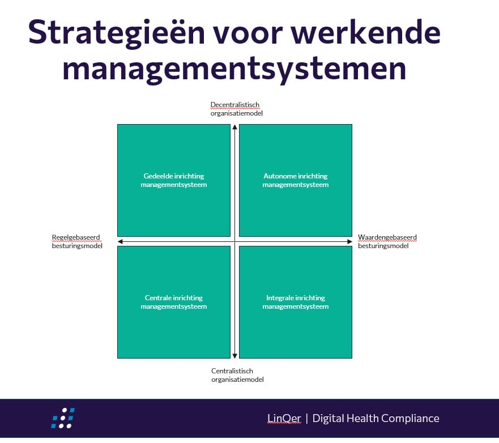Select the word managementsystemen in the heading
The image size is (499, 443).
point(234,69)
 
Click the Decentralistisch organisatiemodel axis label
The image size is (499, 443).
point(236,109)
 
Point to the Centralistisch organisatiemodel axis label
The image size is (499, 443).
point(237,375)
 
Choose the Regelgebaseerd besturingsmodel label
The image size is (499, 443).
point(77,241)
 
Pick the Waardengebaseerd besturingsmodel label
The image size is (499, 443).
point(387,241)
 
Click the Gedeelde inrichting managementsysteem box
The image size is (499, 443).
point(174,181)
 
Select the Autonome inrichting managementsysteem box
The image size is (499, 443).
point(296,181)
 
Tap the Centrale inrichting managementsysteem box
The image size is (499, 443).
point(174,302)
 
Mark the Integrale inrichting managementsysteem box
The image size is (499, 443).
point(296,302)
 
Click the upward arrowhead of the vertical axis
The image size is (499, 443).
point(235,127)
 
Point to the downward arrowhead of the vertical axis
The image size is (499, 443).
point(235,356)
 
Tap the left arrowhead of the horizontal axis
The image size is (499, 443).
point(120,241)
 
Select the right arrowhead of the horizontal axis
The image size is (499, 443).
point(349,241)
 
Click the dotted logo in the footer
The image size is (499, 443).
point(63,418)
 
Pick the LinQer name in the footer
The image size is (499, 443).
point(284,418)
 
